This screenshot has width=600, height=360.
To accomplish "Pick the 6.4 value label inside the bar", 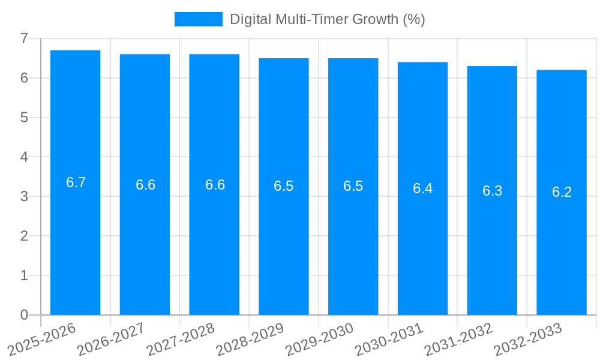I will (422, 188).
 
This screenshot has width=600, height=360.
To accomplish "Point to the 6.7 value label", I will (76, 182).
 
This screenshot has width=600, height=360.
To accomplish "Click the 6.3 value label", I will (492, 191).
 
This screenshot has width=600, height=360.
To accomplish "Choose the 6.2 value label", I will (562, 192).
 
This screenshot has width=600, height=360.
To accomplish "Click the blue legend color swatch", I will (198, 19).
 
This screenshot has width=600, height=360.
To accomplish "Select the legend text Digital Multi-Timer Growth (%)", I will (327, 19).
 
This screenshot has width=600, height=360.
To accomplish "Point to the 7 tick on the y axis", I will (24, 38).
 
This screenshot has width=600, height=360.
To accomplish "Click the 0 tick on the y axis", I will (24, 315).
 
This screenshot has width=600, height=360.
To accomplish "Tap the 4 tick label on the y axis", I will (24, 157).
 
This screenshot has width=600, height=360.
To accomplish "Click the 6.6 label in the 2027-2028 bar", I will (215, 185).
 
